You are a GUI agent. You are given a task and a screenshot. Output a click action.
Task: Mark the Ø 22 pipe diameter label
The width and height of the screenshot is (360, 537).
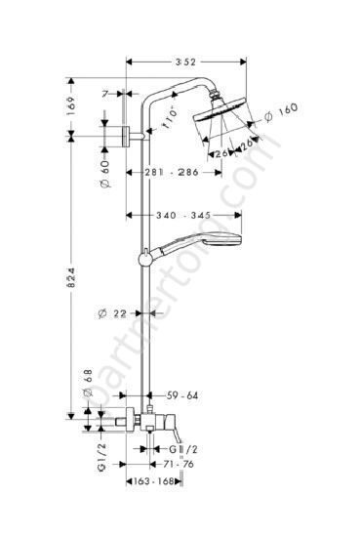tap(113, 312)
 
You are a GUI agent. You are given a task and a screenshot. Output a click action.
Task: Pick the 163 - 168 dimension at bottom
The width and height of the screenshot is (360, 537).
tap(163, 480)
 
